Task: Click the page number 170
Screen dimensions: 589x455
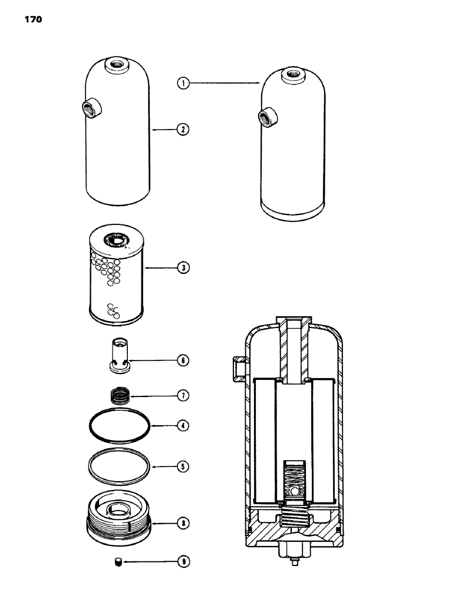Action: coord(34,19)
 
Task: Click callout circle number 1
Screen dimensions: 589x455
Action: coord(184,84)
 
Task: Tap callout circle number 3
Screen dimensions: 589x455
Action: coord(184,267)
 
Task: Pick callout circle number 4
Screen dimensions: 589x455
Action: coord(184,424)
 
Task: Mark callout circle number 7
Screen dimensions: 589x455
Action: coord(184,396)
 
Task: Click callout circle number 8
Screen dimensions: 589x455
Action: coord(184,521)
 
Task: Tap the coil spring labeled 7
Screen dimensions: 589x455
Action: coord(120,395)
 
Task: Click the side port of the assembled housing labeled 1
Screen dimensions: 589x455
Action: coord(265,116)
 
